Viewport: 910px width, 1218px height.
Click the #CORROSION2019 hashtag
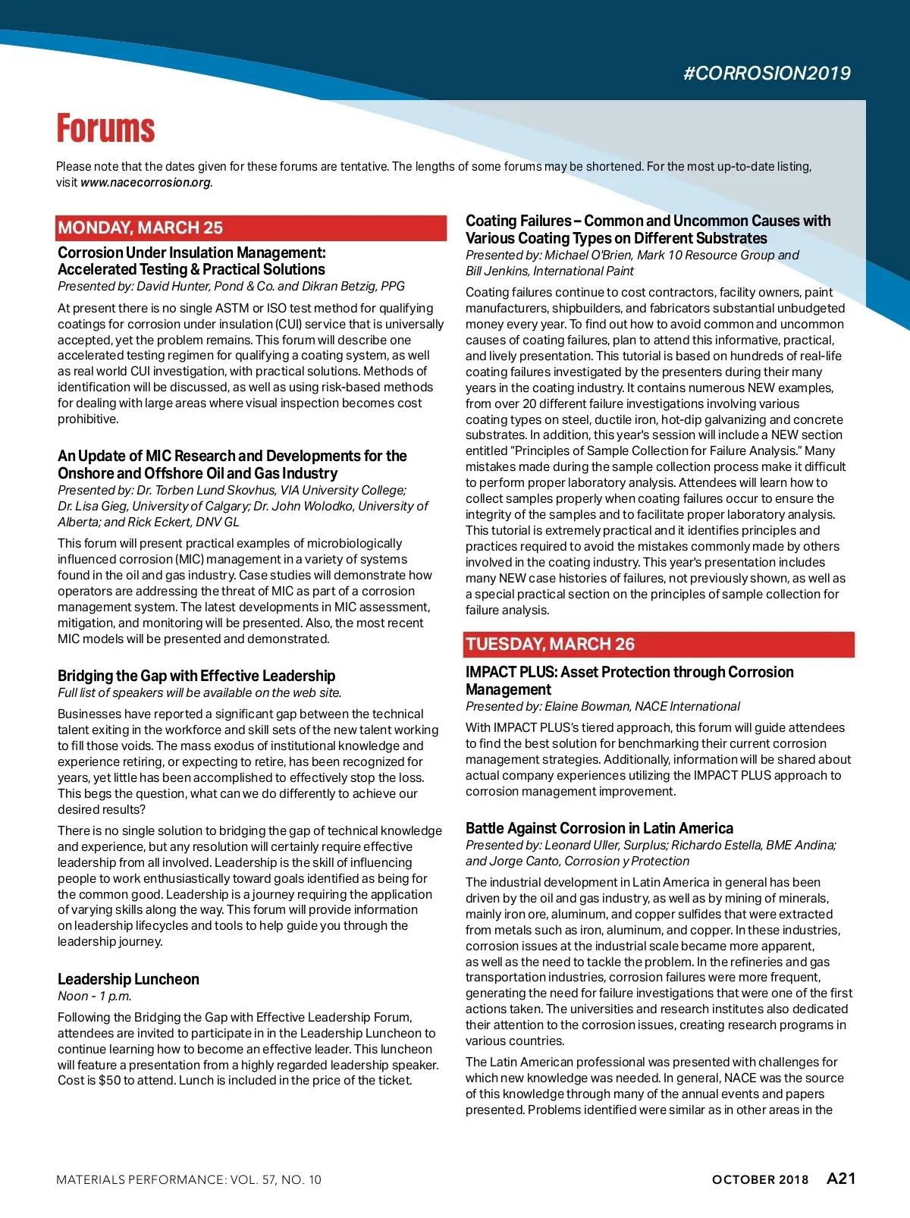pos(767,74)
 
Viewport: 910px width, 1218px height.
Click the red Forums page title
pos(105,129)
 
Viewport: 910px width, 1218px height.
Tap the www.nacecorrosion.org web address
pos(146,183)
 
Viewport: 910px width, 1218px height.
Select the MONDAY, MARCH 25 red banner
pos(250,228)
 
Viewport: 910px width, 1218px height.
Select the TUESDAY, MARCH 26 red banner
pos(658,644)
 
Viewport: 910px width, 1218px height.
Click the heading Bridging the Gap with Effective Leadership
pos(196,676)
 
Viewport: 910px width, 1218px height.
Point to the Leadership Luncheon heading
pos(128,979)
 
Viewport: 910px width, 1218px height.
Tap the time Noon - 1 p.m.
pos(95,997)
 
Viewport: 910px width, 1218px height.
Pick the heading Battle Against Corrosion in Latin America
pos(599,828)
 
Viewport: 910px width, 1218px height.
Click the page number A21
pos(841,1179)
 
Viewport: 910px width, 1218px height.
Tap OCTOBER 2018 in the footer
pos(760,1180)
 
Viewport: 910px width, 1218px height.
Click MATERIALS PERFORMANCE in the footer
pos(140,1180)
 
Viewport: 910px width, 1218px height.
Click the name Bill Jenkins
pos(496,272)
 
